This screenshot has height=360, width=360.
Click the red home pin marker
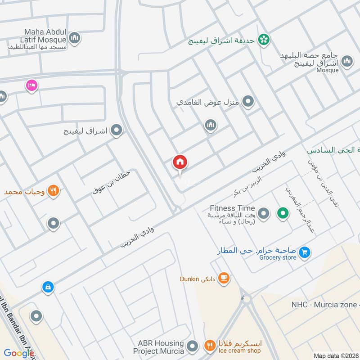180,162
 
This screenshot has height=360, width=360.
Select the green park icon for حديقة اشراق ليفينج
264,40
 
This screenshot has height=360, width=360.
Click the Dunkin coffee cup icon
223,279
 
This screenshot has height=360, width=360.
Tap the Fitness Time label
232,208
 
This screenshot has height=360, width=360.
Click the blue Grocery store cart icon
305,253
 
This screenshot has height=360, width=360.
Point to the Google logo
18,353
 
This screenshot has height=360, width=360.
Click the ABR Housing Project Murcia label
158,346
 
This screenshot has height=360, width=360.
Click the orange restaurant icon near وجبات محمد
54,191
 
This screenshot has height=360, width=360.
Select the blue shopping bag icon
48,287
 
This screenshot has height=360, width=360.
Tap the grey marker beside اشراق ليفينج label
117,131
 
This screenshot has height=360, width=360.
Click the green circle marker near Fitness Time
283,213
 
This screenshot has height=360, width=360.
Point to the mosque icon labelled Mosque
347,62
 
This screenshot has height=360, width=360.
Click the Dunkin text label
189,279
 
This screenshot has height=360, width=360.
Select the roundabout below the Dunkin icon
246,298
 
